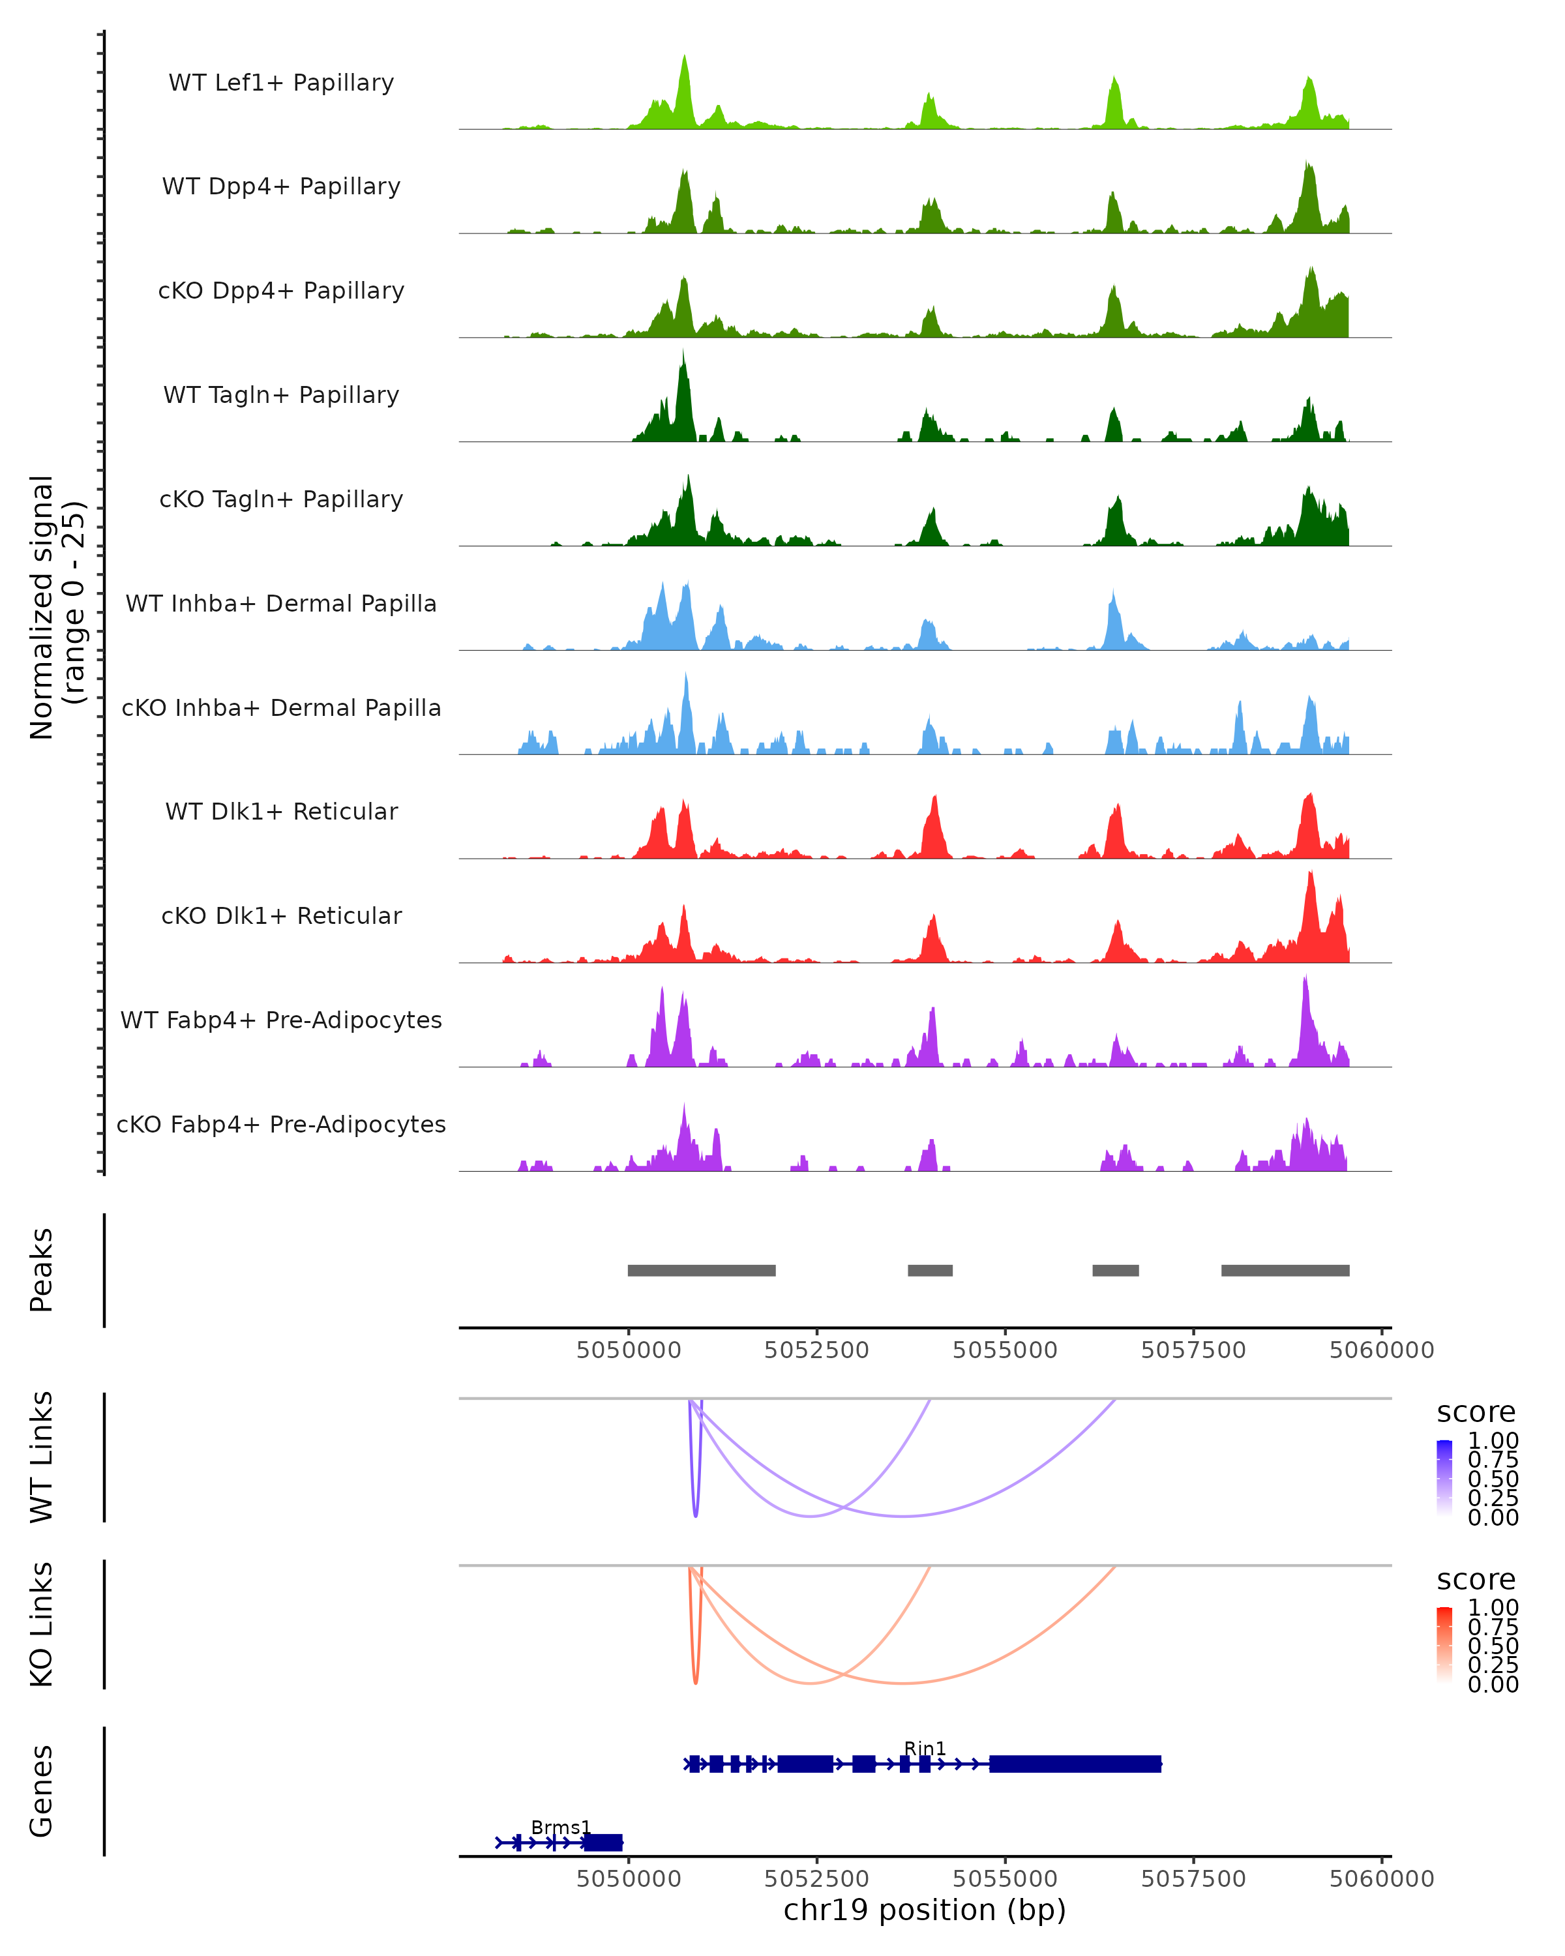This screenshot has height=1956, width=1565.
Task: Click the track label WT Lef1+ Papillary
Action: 281,83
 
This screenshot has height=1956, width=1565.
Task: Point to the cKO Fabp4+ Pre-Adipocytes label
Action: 281,1124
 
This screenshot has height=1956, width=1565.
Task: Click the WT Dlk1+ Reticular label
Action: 281,811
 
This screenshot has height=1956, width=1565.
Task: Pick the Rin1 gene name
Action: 925,1748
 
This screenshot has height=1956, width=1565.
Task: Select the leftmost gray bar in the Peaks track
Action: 701,1270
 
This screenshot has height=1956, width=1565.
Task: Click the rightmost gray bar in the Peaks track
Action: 1285,1270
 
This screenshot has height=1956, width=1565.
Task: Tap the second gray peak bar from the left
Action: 930,1270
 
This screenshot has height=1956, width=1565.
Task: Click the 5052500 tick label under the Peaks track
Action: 816,1350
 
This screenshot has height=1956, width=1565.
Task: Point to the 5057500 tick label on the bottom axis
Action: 1193,1879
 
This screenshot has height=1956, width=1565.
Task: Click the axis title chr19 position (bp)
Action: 925,1910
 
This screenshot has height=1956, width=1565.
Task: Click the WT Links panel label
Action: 42,1457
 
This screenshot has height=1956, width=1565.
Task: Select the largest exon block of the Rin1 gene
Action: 1075,1764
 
